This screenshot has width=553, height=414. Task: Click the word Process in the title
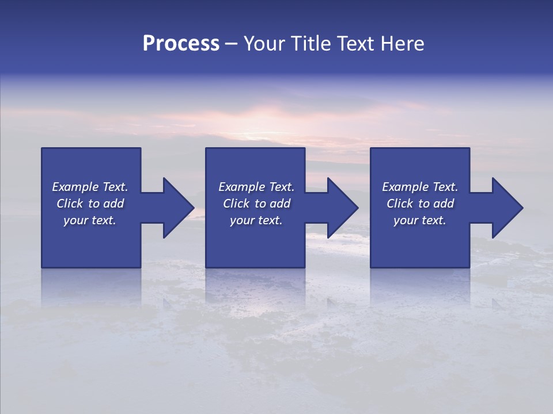181,44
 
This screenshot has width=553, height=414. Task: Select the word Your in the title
263,44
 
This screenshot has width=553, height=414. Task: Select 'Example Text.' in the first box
90,187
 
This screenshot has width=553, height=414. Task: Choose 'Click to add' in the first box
90,204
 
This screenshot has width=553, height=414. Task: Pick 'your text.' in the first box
90,220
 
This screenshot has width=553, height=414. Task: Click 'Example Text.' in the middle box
256,187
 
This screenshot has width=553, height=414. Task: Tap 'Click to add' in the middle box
256,204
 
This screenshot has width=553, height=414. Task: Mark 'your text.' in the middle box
256,220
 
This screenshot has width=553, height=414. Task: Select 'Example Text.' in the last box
420,187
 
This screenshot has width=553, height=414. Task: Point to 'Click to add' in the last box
420,204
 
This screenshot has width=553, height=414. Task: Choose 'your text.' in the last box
420,220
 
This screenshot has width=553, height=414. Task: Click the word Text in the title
354,44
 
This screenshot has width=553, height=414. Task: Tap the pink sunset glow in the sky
276,115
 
